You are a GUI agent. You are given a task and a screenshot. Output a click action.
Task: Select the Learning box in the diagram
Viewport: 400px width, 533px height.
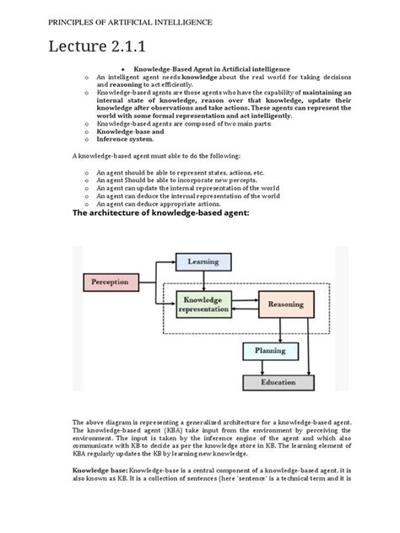(203, 262)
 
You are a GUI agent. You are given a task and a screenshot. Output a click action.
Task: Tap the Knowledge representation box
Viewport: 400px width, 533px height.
(203, 304)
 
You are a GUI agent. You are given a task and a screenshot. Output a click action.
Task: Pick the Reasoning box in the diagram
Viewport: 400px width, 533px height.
(285, 304)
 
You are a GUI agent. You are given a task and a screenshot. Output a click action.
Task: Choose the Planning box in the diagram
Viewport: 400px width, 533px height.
(270, 350)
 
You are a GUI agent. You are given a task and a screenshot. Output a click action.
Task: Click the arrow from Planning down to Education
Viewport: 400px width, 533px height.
(271, 366)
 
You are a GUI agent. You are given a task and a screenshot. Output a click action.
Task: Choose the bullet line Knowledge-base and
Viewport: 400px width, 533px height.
(130, 132)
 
